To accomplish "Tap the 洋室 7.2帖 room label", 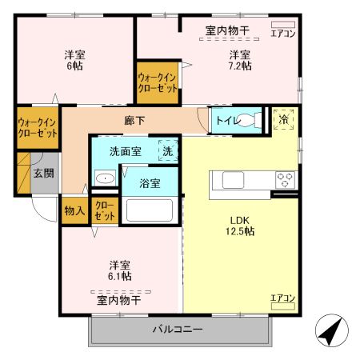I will coord(240,60).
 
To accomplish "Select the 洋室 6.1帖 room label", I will coord(120,270).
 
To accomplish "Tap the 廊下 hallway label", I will coord(134,122).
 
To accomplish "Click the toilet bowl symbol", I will coord(253,121).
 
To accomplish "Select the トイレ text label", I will coord(226,122).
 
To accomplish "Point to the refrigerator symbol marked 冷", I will coord(283,119).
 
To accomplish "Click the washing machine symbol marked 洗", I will coord(168,150).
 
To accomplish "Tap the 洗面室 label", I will coord(126,150).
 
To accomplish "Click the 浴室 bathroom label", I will coord(150,182).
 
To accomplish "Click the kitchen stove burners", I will coord(285,178).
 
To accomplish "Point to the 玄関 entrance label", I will coord(43,174).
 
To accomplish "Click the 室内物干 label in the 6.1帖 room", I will coord(119,300).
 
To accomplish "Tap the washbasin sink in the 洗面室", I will coord(104,178).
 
